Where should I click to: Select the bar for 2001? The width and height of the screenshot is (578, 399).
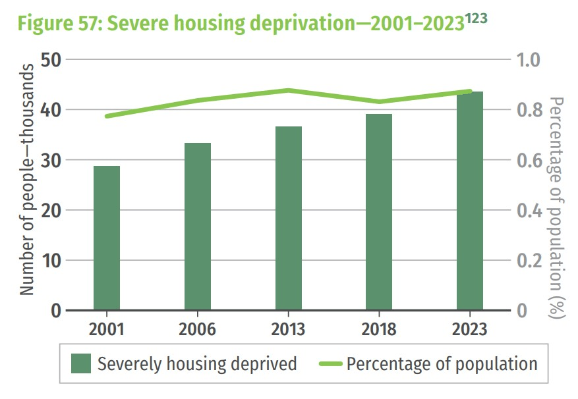coord(107,238)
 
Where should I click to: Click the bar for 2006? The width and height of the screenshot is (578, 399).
coord(198,226)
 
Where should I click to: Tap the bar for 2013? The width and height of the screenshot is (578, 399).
coord(289,218)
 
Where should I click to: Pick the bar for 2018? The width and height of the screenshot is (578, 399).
coord(379,211)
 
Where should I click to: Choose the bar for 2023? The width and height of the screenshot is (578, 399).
coord(470,201)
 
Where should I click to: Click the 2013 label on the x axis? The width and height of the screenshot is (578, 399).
coord(289,329)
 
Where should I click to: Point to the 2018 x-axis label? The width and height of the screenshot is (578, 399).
coord(379,329)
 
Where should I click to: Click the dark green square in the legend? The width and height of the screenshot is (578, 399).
coord(82,363)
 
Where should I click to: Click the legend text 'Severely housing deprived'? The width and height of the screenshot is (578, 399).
coord(197,363)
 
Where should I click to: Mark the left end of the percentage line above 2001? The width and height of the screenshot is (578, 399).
coord(107,117)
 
